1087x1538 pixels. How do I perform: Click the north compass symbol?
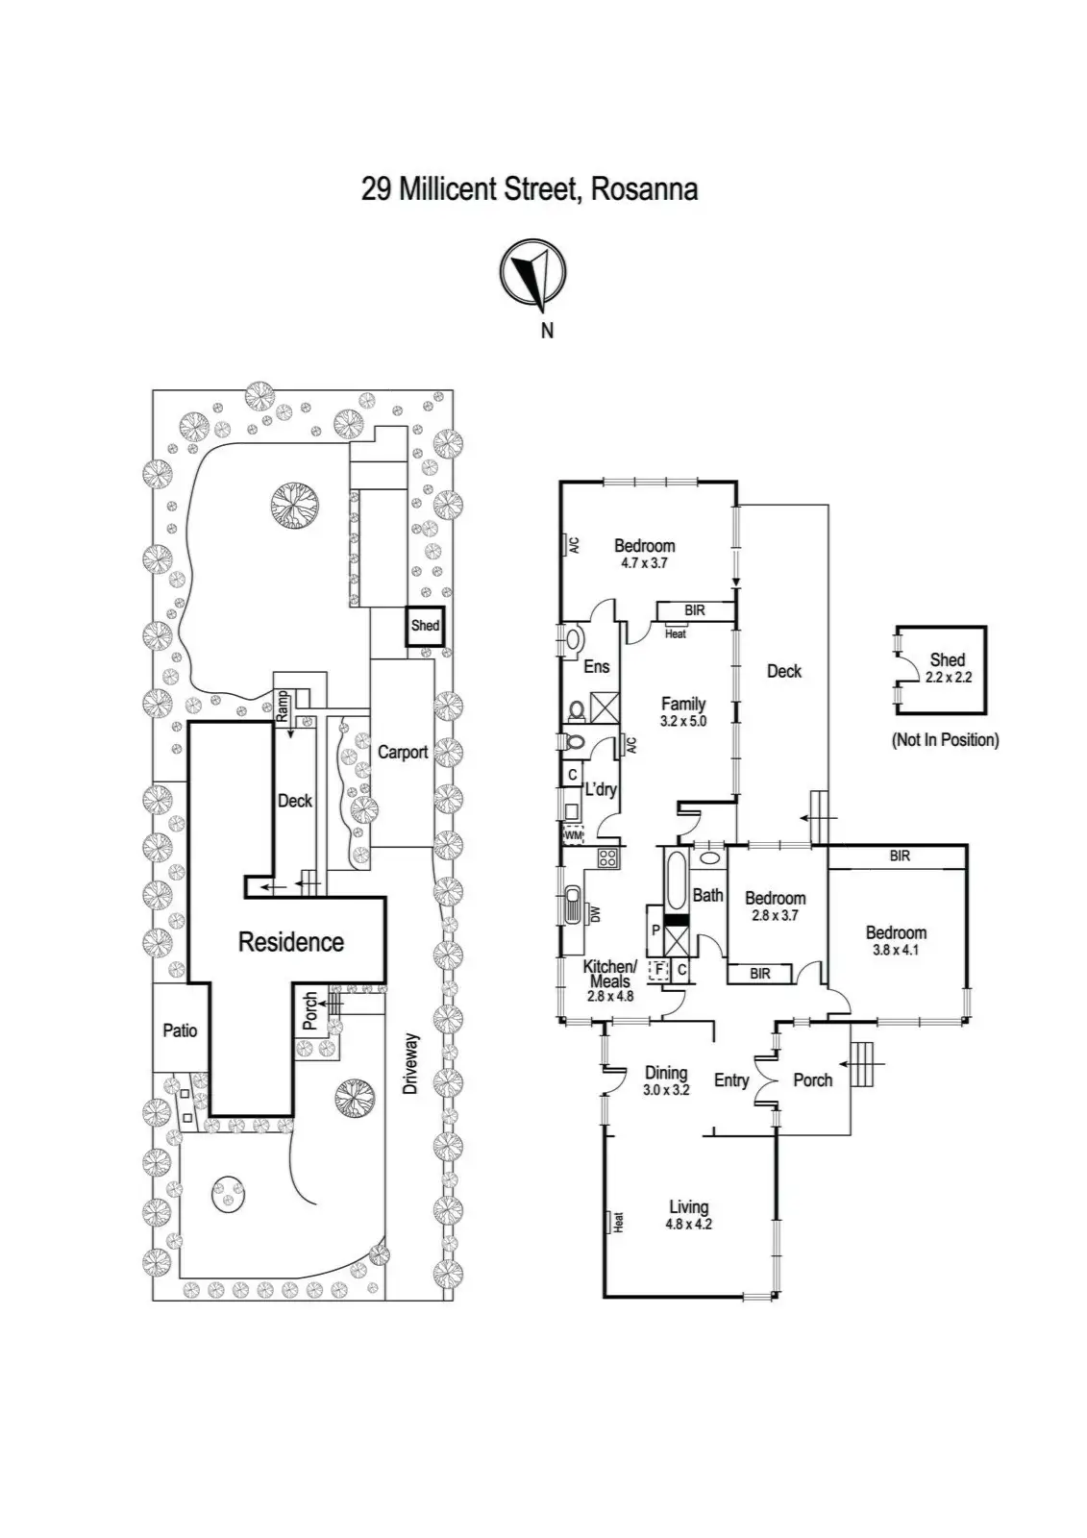[x=532, y=276]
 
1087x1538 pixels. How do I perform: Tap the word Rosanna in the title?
[x=643, y=188]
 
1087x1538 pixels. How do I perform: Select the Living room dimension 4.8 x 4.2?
[x=688, y=1225]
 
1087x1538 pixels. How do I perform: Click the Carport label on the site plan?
[x=403, y=752]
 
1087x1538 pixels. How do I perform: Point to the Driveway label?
[x=411, y=1064]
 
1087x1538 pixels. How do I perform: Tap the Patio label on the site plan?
[x=180, y=1030]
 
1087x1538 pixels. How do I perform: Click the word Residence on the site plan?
[x=290, y=942]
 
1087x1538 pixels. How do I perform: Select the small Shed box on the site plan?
[x=424, y=626]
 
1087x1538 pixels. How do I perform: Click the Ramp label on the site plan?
[x=283, y=707]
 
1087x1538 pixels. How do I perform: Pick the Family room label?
[x=683, y=704]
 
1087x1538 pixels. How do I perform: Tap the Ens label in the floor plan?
[x=597, y=666]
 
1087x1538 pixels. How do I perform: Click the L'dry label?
[x=601, y=789]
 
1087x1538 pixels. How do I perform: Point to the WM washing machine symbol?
[x=573, y=835]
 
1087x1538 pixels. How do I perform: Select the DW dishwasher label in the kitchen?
[x=594, y=915]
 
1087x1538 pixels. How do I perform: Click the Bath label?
[x=708, y=895]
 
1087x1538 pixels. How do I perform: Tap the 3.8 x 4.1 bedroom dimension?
[x=896, y=950]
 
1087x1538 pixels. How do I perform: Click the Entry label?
[x=731, y=1080]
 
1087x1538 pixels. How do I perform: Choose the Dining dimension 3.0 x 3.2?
[x=666, y=1090]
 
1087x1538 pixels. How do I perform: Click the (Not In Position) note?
[x=946, y=739]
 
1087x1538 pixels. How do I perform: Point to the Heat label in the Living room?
[x=619, y=1222]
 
